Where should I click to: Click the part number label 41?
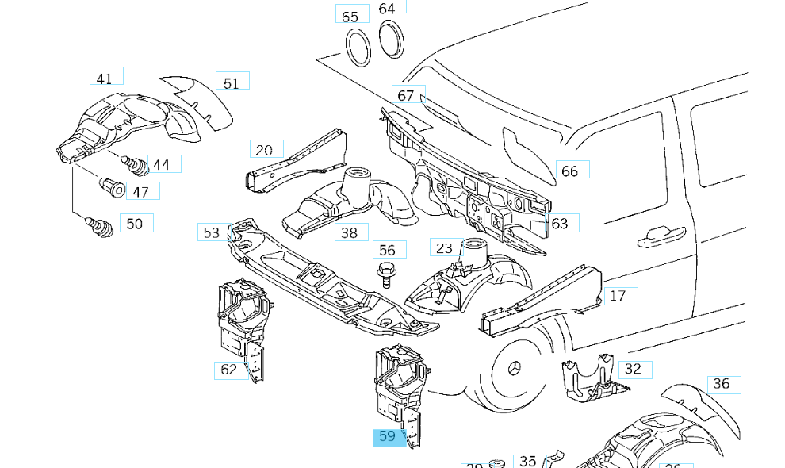pos(105,77)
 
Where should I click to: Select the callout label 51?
pos(232,82)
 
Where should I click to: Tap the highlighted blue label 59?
pos(388,437)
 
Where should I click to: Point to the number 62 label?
pos(229,370)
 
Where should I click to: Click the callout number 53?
pos(212,232)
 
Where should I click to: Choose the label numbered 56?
pos(389,250)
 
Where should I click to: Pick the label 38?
pos(350,232)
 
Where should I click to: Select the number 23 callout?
pos(444,247)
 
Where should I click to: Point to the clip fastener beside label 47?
pos(112,187)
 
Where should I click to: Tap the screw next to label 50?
pos(100,226)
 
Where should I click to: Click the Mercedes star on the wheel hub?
pos(515,370)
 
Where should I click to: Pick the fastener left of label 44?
pos(136,165)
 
